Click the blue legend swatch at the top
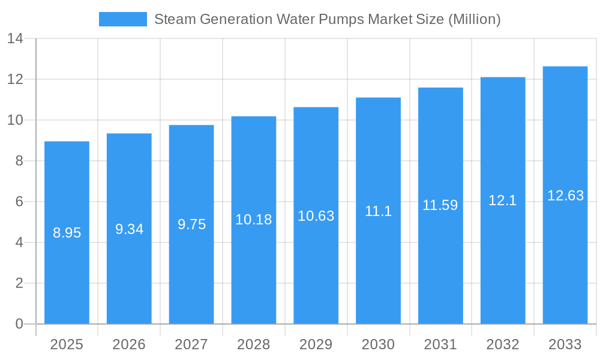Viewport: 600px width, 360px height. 122,19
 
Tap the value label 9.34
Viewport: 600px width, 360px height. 129,229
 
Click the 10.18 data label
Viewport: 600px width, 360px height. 254,220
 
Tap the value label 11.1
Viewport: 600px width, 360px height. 378,211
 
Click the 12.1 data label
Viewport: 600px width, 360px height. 503,200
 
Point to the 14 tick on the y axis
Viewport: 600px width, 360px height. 15,39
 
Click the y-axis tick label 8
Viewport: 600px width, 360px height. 19,161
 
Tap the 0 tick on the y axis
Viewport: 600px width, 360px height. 19,324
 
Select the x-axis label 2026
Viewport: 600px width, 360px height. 129,344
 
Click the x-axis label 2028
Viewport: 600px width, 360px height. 254,344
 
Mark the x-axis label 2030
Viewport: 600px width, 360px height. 378,344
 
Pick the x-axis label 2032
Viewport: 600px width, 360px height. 503,344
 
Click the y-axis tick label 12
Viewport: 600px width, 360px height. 15,79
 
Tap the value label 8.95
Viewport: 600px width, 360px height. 67,233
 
